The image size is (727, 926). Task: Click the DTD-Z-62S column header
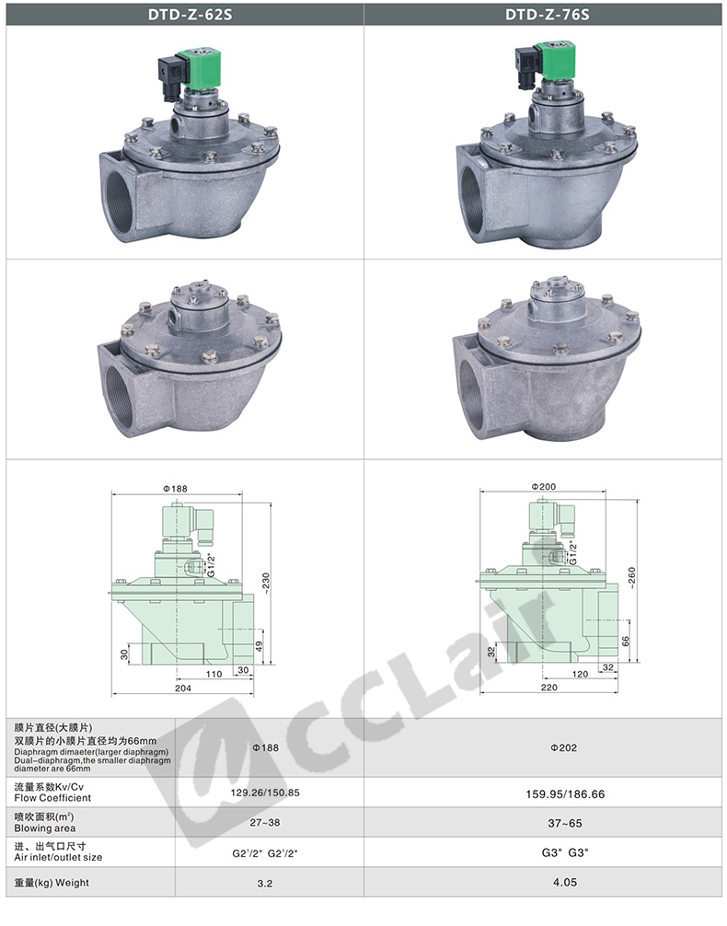[190, 15]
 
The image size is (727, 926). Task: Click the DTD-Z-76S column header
[547, 15]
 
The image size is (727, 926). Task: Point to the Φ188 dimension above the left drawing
[175, 489]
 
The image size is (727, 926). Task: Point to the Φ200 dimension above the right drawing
[543, 486]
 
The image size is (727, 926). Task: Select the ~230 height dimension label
[266, 583]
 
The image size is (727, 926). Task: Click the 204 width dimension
[183, 688]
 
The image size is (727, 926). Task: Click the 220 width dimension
[549, 687]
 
